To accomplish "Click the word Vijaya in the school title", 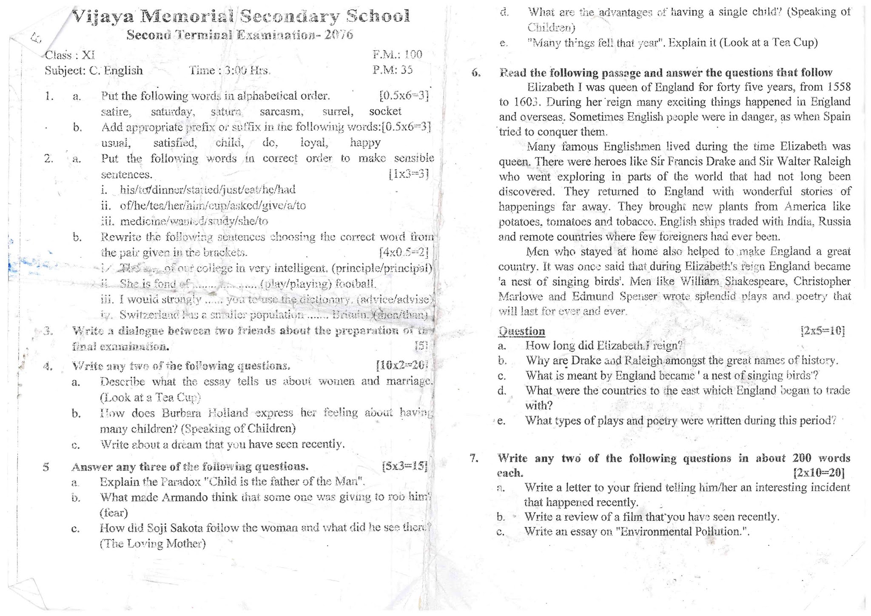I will coord(103,17).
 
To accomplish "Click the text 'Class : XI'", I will coord(70,55).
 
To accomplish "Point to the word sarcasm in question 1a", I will coord(282,112).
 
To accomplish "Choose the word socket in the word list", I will coord(385,111).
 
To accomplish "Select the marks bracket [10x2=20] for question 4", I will coord(401,365).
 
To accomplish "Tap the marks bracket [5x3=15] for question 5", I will coord(404,466).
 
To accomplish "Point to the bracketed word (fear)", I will coord(114,513).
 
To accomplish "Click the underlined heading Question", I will coord(521,331).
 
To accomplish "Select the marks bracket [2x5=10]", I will coord(823,331).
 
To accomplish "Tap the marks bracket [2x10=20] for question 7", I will coord(819,473).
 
